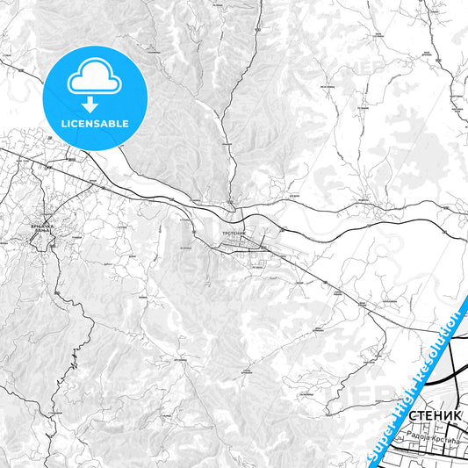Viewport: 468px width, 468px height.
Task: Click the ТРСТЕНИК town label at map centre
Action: [x=232, y=232]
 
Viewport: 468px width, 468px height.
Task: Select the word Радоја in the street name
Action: [x=420, y=435]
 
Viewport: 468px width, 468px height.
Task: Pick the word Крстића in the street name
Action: [x=444, y=435]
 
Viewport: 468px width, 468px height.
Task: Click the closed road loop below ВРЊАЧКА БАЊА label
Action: [x=41, y=242]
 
